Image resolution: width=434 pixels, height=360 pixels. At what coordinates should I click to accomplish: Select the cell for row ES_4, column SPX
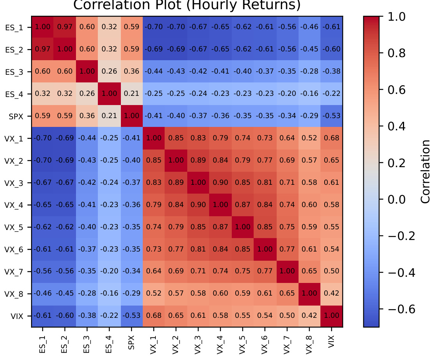tap(131, 94)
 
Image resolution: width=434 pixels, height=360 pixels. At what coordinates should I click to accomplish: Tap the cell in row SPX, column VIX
tap(332, 116)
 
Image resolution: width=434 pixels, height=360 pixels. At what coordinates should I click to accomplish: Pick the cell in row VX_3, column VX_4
tap(220, 183)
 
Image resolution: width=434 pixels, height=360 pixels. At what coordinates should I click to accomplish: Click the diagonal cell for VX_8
tap(309, 294)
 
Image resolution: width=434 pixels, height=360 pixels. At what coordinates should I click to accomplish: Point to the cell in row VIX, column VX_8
tap(309, 316)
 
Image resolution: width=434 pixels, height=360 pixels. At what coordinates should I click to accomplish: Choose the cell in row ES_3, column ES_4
tap(109, 72)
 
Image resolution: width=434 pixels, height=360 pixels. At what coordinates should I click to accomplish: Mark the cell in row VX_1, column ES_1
tap(42, 138)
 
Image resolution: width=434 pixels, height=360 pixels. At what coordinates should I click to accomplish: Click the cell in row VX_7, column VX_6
tap(265, 271)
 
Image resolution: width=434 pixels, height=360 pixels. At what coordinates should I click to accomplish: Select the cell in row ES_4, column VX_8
tap(309, 94)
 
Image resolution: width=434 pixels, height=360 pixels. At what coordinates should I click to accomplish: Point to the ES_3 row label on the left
tap(15, 72)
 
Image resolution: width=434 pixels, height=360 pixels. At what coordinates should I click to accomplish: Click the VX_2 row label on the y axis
tap(15, 161)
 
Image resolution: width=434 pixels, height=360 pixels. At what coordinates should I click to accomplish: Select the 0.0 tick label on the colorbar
tap(396, 199)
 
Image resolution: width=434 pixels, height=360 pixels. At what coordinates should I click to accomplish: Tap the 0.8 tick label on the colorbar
tap(396, 53)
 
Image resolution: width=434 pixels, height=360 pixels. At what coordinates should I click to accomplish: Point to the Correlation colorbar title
tap(425, 171)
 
